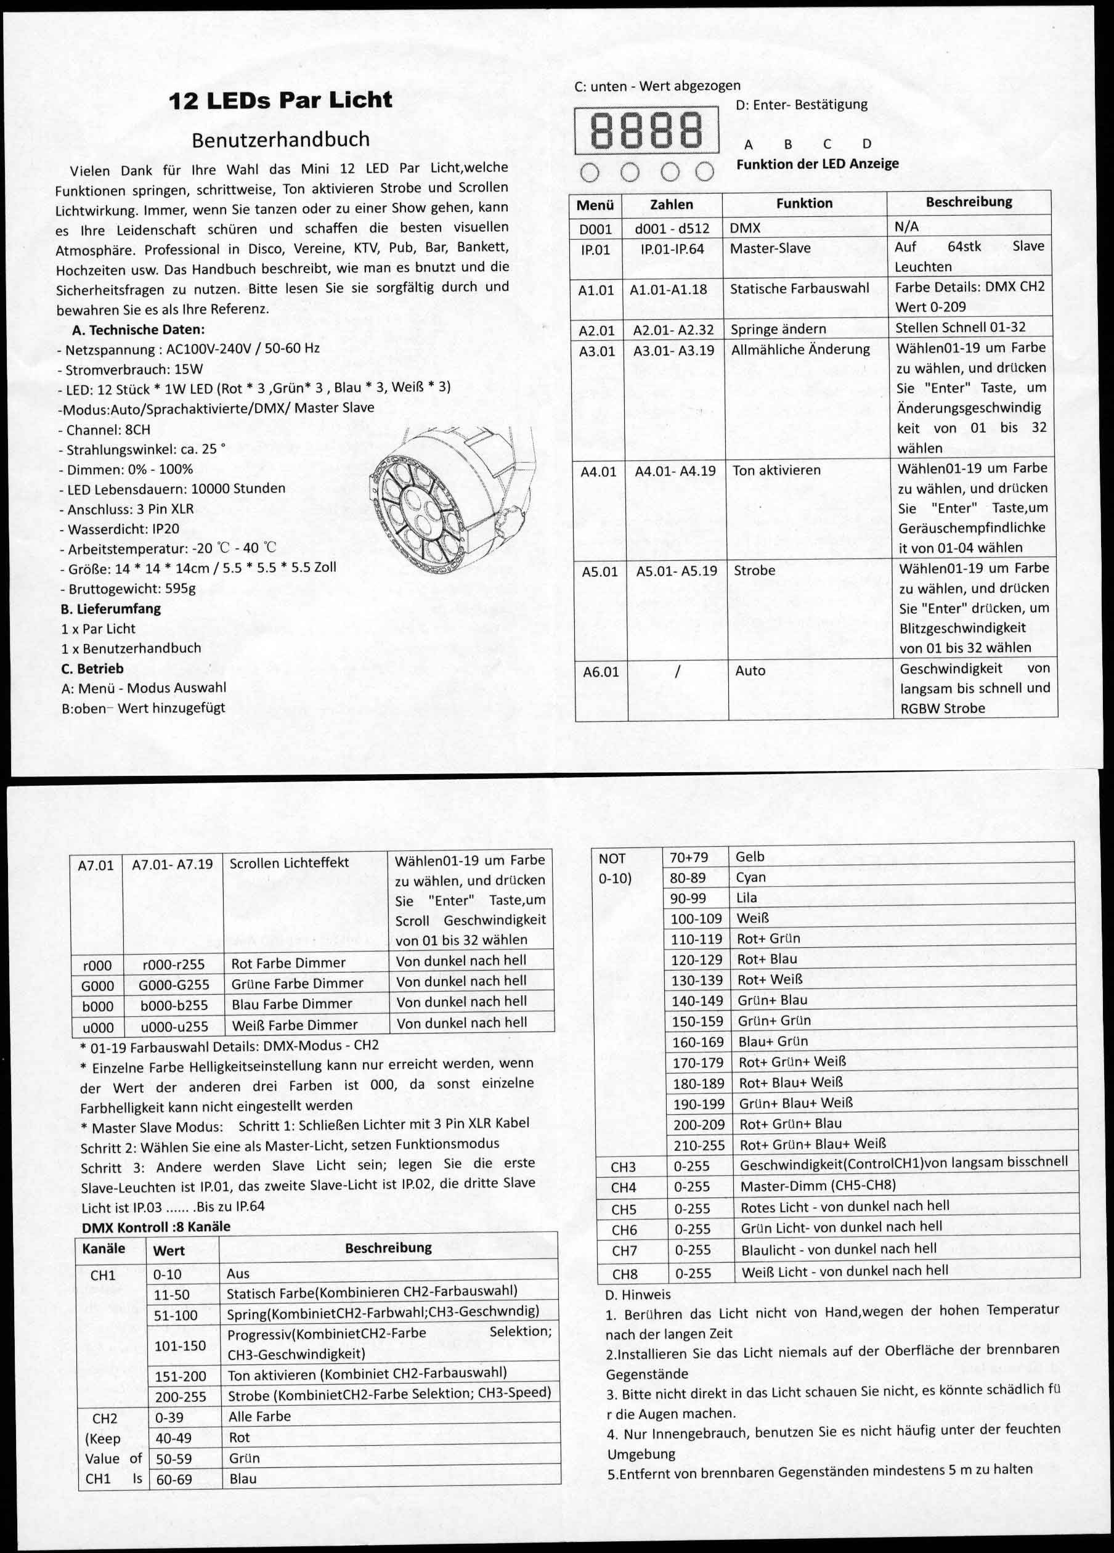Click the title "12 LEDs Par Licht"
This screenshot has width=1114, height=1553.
point(280,100)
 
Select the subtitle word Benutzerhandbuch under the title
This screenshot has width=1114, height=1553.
point(280,139)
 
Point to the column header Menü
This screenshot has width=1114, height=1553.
point(595,204)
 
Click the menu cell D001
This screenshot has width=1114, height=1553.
point(595,229)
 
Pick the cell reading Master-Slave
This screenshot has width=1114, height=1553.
point(770,248)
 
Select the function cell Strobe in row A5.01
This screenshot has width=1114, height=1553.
point(755,571)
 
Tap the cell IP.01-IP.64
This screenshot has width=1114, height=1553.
point(672,248)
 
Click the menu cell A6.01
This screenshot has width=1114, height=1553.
point(601,672)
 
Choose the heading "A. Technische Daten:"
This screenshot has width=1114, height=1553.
point(137,329)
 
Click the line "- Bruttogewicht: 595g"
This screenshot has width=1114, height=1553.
point(128,588)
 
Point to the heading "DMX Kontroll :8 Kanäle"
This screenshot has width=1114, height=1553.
point(155,1226)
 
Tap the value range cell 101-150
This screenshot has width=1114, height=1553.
point(180,1345)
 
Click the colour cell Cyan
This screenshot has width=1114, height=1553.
point(750,877)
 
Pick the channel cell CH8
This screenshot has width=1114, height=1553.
point(624,1273)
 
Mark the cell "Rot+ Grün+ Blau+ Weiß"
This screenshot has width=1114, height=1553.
point(812,1144)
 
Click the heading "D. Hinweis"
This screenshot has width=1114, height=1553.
point(638,1295)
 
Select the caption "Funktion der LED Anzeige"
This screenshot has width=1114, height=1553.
point(818,164)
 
